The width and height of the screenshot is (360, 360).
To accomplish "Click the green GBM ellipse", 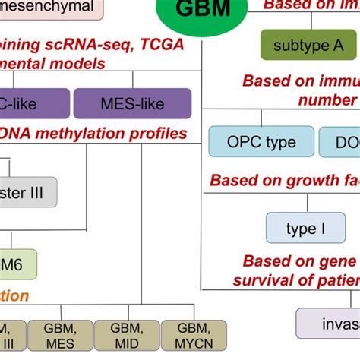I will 203,11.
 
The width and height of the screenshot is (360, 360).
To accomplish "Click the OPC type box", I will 261,142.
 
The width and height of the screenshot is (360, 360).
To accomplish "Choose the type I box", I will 305,228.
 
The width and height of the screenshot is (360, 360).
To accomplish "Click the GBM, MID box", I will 125,335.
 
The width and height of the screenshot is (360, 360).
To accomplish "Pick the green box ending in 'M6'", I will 17,264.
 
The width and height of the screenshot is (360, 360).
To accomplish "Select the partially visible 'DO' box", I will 339,142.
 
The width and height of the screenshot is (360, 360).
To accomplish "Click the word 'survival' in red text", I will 273,279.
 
